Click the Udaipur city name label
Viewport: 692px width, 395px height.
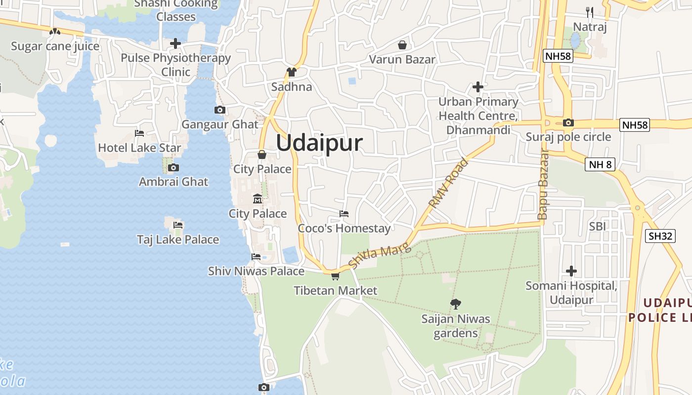[319, 143]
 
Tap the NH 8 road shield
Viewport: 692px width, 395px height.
[600, 164]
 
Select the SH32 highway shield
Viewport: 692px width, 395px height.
[660, 236]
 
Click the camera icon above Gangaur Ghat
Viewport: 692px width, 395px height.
[220, 110]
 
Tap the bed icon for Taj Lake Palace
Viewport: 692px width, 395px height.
[178, 225]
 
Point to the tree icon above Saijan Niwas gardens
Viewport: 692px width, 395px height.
[456, 304]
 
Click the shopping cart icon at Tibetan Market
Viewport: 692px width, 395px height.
[335, 276]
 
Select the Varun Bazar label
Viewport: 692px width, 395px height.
[402, 60]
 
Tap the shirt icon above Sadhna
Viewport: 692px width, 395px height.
[292, 72]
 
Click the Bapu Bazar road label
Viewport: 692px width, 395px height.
[543, 184]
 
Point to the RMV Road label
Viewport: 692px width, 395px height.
[448, 183]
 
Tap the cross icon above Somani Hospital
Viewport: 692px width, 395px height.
[571, 271]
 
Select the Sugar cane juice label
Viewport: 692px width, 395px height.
[55, 46]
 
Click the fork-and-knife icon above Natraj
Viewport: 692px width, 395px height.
[589, 12]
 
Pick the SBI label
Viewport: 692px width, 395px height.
[597, 226]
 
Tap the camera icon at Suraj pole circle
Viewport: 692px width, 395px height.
[568, 122]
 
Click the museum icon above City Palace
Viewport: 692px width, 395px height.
[258, 199]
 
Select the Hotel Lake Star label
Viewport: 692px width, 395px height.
[139, 148]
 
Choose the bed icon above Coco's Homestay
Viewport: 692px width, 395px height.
[344, 214]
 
